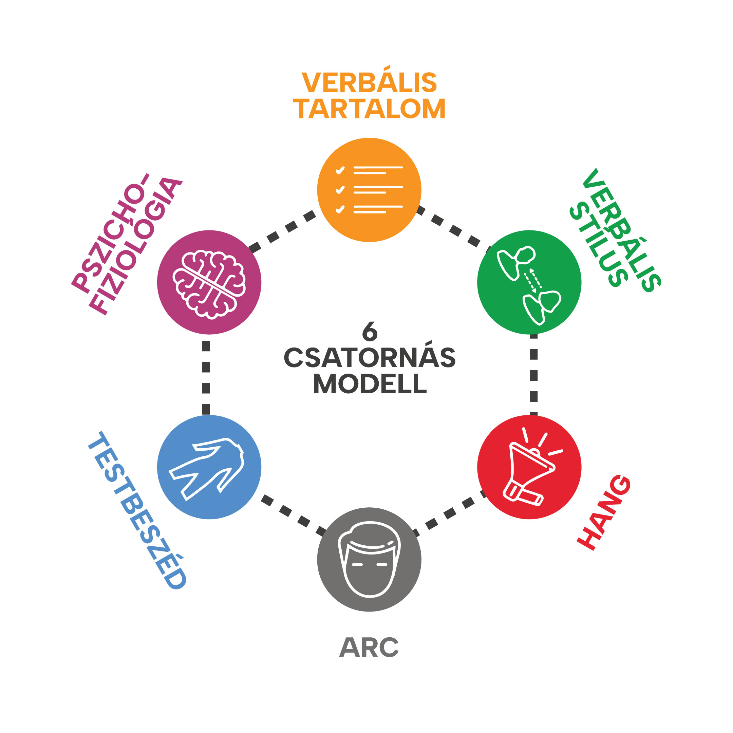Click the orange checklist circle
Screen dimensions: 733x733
coord(369,190)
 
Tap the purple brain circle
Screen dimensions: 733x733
coord(209,282)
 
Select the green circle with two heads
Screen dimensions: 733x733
coord(529,282)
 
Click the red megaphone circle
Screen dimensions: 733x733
coord(529,467)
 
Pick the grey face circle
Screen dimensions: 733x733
coord(369,560)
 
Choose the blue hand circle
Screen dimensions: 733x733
coord(209,467)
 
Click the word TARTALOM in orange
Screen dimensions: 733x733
coord(369,109)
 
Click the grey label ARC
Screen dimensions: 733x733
coord(369,647)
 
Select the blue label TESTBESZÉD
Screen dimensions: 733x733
coord(137,510)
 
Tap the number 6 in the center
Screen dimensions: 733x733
coord(370,331)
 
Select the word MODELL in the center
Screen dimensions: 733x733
coord(370,383)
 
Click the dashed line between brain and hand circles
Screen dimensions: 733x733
coord(206,377)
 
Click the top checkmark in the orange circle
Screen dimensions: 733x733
coord(340,170)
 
